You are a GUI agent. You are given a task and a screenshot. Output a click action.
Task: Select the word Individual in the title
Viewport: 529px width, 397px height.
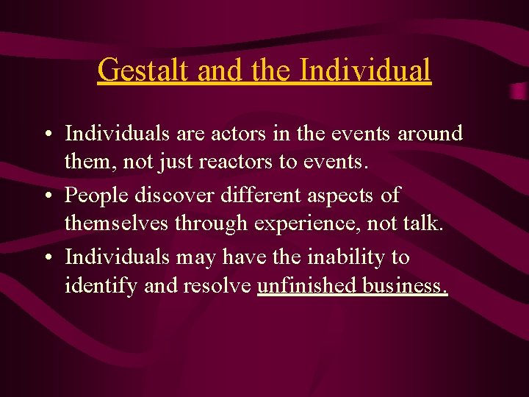(x=366, y=71)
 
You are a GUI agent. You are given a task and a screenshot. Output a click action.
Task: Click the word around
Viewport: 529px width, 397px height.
(x=430, y=134)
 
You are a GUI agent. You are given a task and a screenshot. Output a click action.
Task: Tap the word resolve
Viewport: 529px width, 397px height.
(x=217, y=285)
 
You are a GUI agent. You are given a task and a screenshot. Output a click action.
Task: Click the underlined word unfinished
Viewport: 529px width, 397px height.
(x=307, y=285)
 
